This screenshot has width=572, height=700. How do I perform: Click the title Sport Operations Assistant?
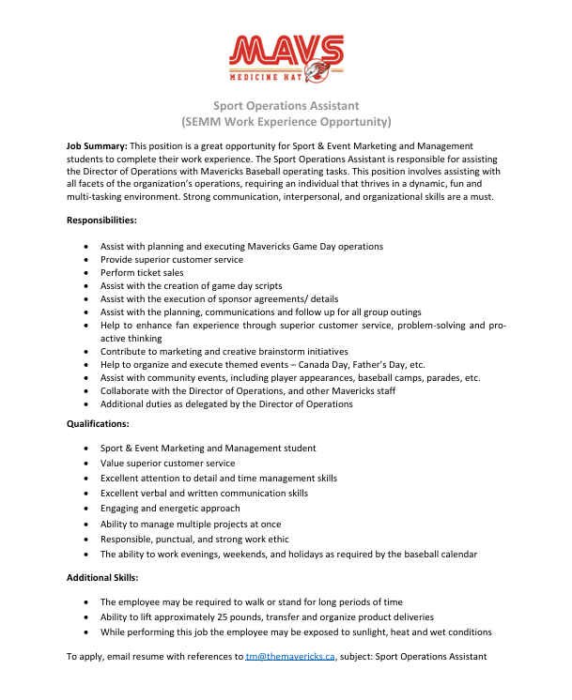(286, 105)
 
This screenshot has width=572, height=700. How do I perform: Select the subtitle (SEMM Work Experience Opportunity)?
(286, 122)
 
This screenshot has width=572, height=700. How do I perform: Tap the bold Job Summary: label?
(97, 146)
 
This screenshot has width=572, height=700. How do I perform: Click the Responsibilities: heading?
(101, 220)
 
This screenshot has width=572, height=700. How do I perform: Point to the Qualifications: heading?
(99, 423)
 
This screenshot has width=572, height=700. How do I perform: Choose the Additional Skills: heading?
(102, 576)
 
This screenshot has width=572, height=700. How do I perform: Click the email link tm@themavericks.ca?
(290, 657)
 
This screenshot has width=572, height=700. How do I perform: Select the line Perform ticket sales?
(142, 272)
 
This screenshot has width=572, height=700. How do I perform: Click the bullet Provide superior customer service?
(172, 259)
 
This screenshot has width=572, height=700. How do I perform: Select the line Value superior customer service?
(168, 463)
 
